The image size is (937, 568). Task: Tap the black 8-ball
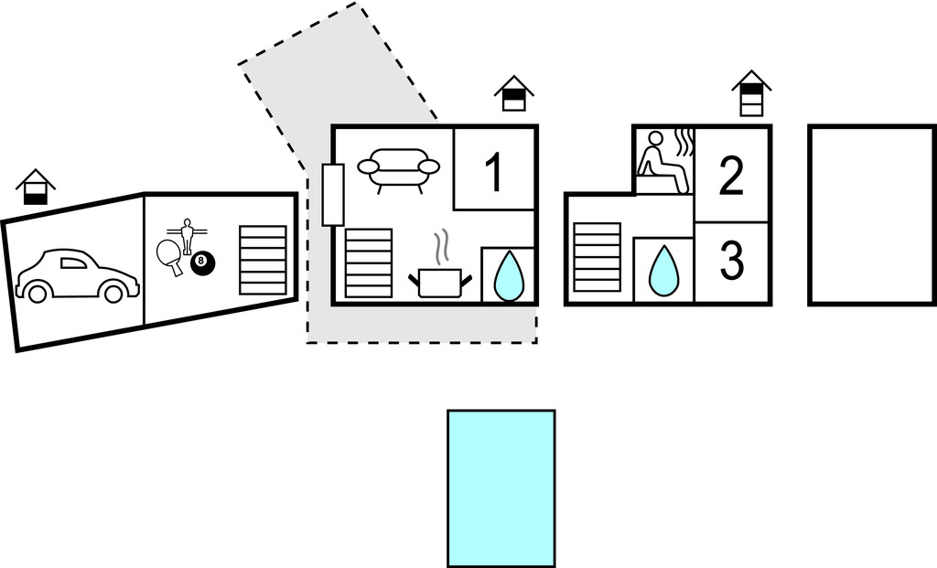202,263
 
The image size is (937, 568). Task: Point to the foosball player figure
187,235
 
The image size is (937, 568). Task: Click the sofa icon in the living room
399,169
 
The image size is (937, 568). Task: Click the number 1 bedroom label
493,172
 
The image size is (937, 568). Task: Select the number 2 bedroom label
731,176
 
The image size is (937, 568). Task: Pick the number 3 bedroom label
731,260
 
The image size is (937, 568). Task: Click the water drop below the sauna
663,271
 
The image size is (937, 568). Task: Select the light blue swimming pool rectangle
501,488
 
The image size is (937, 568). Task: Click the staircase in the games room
263,260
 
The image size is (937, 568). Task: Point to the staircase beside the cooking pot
369,263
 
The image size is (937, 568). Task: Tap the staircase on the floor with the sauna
597,257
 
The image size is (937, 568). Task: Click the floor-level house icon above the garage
36,187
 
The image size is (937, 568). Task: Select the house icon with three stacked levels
752,93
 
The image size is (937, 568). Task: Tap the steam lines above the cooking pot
441,248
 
